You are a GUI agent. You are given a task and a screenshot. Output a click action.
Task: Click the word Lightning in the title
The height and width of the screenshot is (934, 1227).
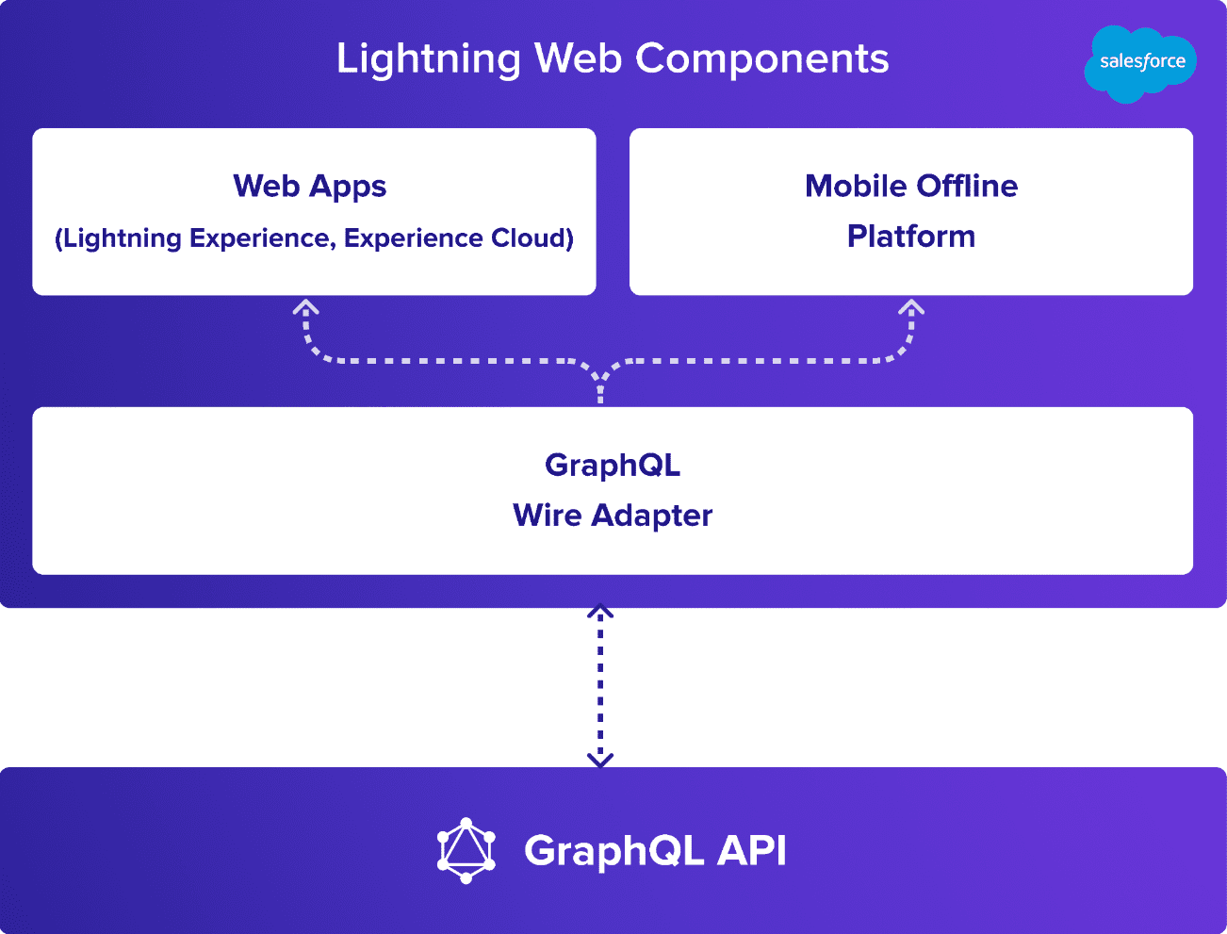(429, 59)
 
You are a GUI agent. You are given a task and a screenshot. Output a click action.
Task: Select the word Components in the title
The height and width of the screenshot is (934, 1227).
(761, 59)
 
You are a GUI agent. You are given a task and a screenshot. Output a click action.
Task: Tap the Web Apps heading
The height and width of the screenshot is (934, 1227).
(310, 188)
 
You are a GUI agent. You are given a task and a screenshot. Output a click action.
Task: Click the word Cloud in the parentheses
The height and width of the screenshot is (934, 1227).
(532, 238)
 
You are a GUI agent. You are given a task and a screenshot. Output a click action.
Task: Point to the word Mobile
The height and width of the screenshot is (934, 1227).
(856, 186)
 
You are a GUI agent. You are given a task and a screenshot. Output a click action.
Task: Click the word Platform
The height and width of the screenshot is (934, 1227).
(911, 236)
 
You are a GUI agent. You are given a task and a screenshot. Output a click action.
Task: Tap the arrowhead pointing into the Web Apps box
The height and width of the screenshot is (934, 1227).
(305, 307)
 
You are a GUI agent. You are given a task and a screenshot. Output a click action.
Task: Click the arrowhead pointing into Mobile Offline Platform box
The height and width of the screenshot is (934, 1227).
(911, 307)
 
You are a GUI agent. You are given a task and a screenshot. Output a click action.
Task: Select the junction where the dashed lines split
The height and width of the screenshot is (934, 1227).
(600, 379)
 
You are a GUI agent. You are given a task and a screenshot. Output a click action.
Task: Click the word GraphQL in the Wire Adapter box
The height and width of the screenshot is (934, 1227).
(613, 467)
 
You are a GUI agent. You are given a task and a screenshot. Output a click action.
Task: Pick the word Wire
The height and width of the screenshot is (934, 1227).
(548, 515)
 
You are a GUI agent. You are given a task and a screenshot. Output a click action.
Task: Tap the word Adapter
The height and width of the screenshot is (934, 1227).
(652, 516)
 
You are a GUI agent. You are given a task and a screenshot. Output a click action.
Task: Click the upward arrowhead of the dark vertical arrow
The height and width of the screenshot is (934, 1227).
(600, 611)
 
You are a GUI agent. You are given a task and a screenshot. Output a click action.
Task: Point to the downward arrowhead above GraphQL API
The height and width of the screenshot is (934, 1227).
(600, 761)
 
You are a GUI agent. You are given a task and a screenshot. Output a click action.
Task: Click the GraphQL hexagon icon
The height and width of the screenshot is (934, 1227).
(466, 851)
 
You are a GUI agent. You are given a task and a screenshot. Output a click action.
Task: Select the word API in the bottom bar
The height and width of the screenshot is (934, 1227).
(752, 851)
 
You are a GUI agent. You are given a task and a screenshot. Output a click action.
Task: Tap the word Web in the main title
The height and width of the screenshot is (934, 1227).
(578, 58)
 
